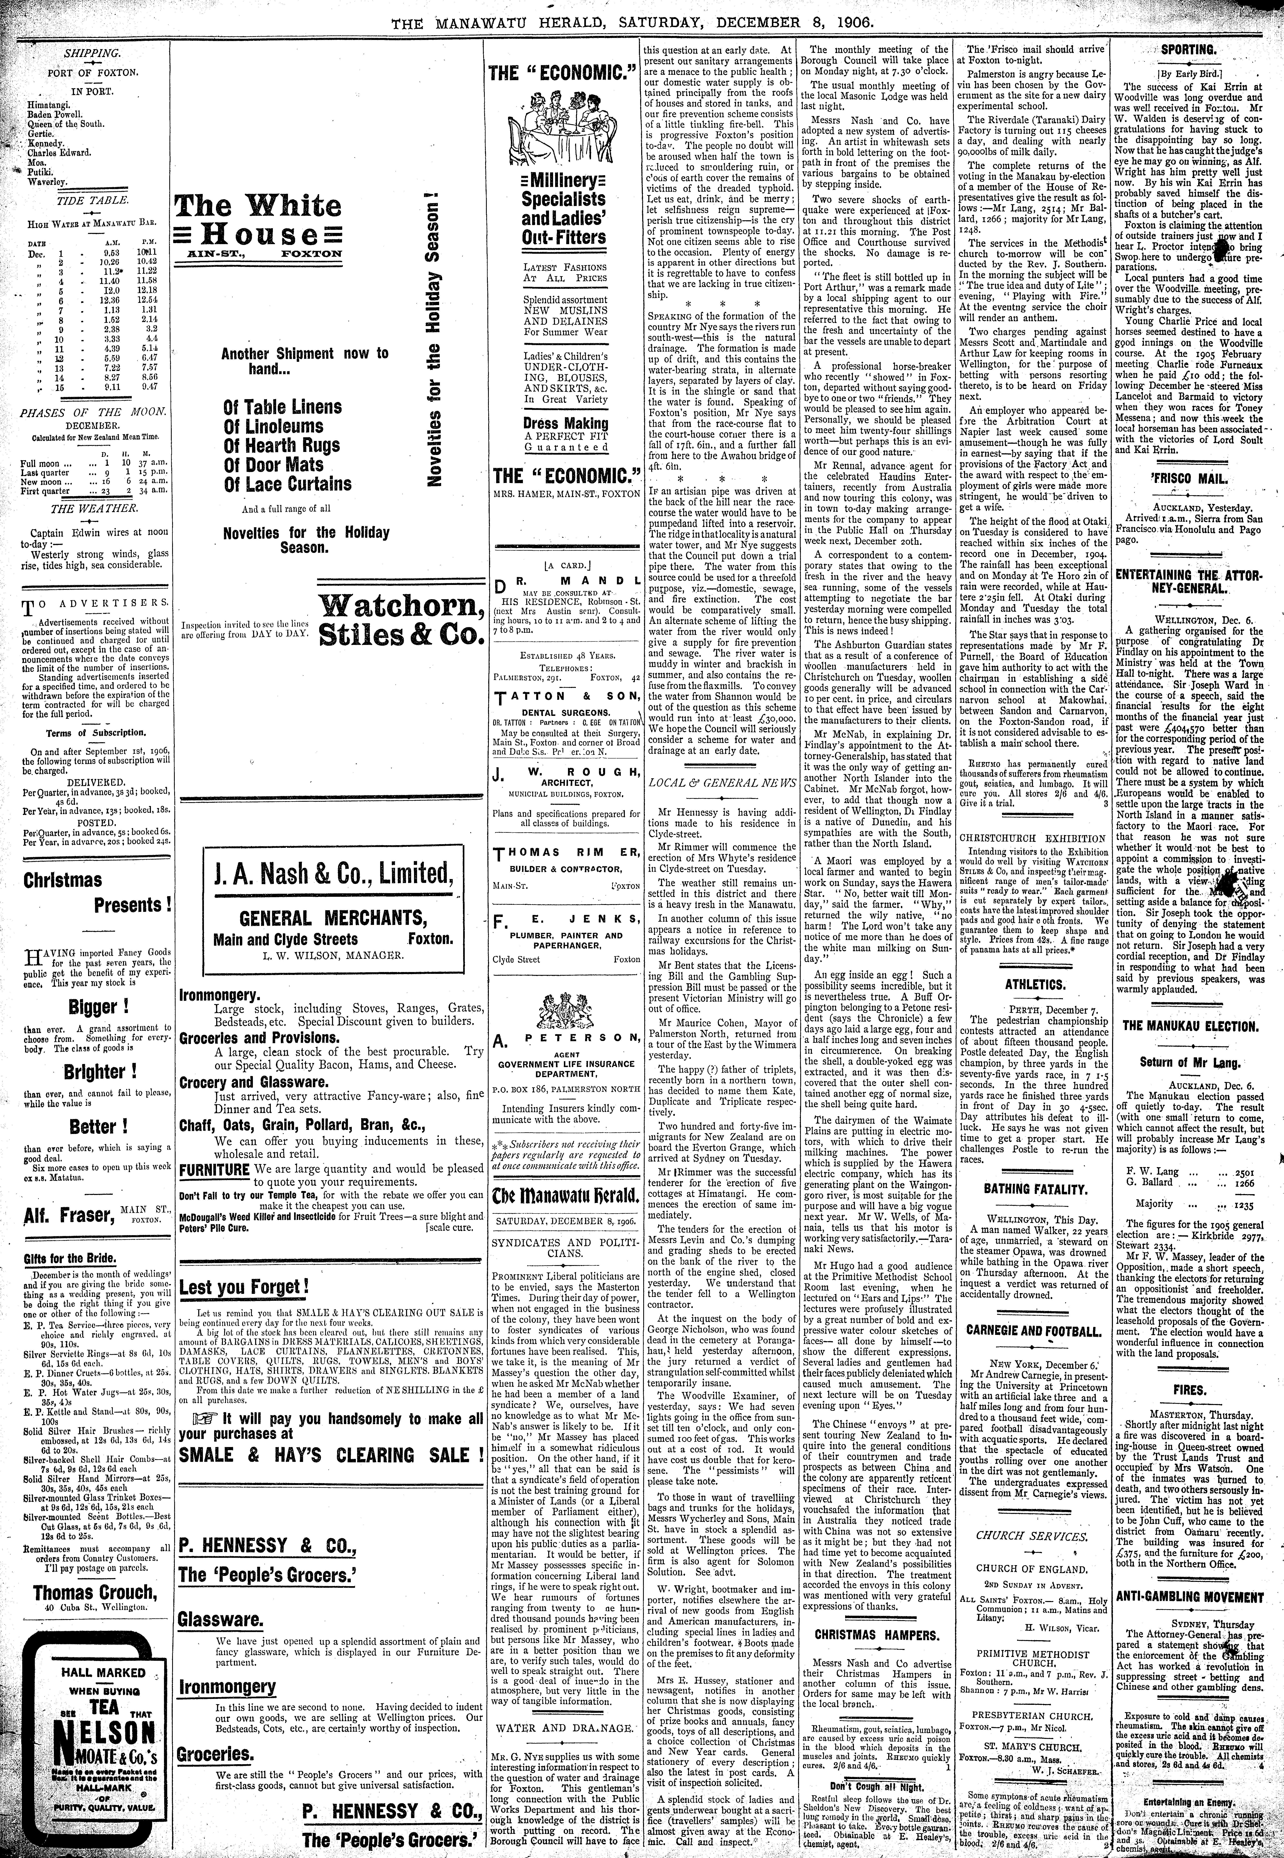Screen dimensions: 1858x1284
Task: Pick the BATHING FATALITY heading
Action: (x=1035, y=1189)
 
